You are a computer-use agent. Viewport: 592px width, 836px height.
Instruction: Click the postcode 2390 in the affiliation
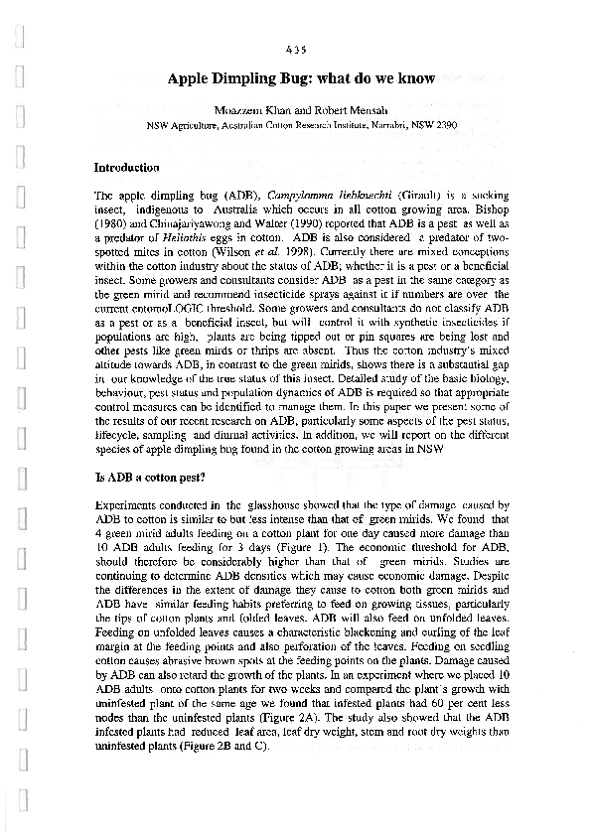point(444,126)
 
